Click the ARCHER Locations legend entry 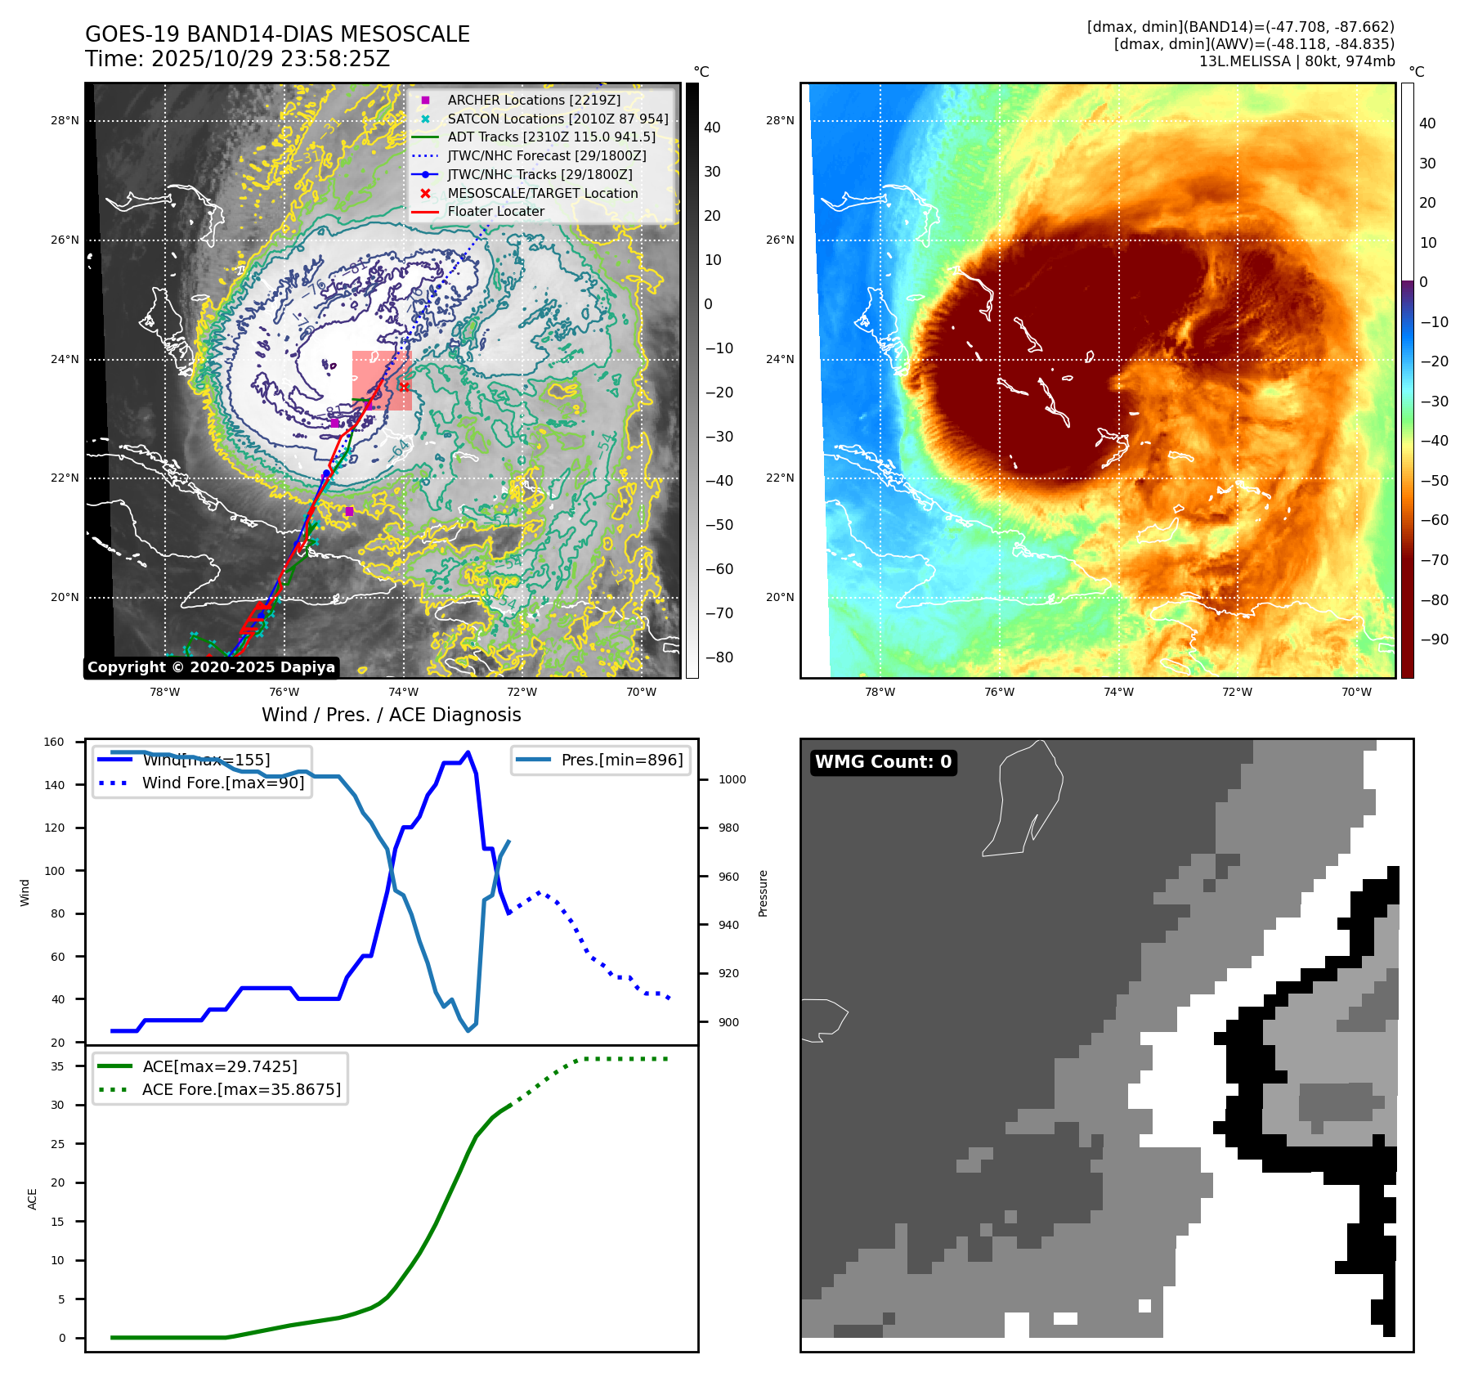pyautogui.click(x=534, y=100)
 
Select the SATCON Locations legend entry pyautogui.click(x=558, y=119)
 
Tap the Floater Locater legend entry pyautogui.click(x=495, y=211)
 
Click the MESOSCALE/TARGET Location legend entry pyautogui.click(x=542, y=193)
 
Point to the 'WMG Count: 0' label pyautogui.click(x=883, y=762)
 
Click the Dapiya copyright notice pyautogui.click(x=211, y=667)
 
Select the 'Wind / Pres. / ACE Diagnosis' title pyautogui.click(x=391, y=715)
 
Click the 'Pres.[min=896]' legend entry pyautogui.click(x=621, y=760)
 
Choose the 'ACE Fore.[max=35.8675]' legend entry pyautogui.click(x=241, y=1089)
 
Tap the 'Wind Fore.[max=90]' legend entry pyautogui.click(x=223, y=783)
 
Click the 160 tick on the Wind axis pyautogui.click(x=54, y=743)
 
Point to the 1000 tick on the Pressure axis pyautogui.click(x=732, y=779)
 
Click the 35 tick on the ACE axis pyautogui.click(x=57, y=1066)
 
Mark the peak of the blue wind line pyautogui.click(x=468, y=752)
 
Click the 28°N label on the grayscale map pyautogui.click(x=65, y=120)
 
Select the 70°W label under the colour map pyautogui.click(x=1356, y=692)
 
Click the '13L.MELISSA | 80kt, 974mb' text pyautogui.click(x=1297, y=61)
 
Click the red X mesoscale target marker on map pyautogui.click(x=403, y=386)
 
